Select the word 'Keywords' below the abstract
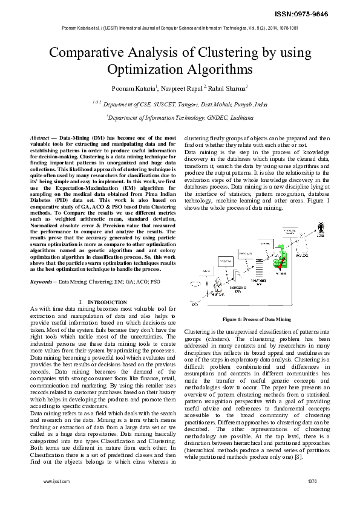[42, 264]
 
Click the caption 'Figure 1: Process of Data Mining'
[257, 319]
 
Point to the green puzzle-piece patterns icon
[280, 251]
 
